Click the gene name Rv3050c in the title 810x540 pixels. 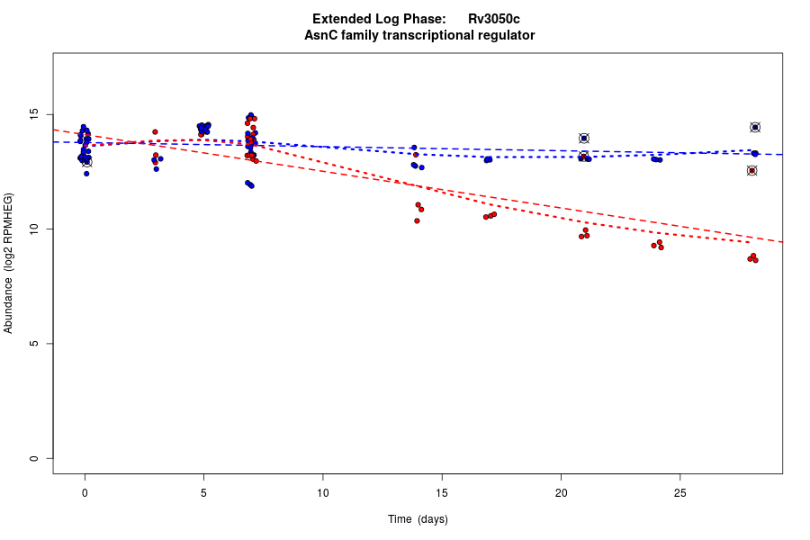pyautogui.click(x=493, y=19)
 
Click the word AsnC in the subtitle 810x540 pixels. pyautogui.click(x=320, y=36)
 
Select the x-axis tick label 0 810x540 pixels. pyautogui.click(x=85, y=491)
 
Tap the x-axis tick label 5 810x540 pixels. pyautogui.click(x=203, y=491)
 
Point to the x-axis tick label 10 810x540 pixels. pyautogui.click(x=322, y=491)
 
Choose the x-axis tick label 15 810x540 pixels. pyautogui.click(x=442, y=491)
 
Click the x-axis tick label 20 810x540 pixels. pyautogui.click(x=561, y=491)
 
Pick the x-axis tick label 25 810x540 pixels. pyautogui.click(x=679, y=491)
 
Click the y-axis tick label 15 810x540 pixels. pyautogui.click(x=34, y=115)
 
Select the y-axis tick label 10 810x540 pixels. pyautogui.click(x=34, y=229)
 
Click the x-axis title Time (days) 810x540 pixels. pyautogui.click(x=418, y=519)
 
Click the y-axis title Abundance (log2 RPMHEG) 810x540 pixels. pyautogui.click(x=9, y=263)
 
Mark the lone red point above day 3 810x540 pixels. pyautogui.click(x=155, y=132)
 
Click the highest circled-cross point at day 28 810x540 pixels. pyautogui.click(x=755, y=128)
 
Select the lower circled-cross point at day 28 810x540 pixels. pyautogui.click(x=752, y=171)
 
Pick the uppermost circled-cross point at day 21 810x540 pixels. pyautogui.click(x=584, y=139)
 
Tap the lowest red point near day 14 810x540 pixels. pyautogui.click(x=417, y=220)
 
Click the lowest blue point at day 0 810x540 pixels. pyautogui.click(x=86, y=174)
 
